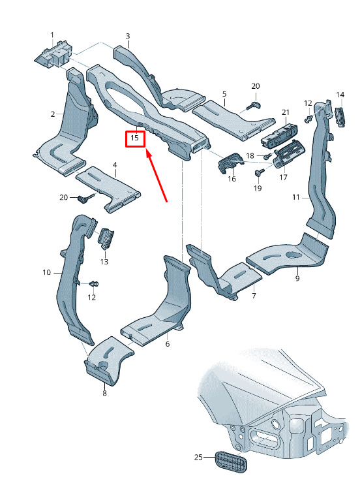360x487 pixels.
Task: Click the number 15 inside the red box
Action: [x=135, y=137]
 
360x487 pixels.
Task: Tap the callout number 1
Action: [x=52, y=35]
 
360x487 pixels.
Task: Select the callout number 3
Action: [x=128, y=36]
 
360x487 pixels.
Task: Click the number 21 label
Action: [x=286, y=112]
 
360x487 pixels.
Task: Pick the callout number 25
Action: [x=198, y=457]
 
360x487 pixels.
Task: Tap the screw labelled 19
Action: [x=258, y=172]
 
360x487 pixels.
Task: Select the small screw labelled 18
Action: [x=268, y=155]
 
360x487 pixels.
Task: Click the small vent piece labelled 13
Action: [x=106, y=238]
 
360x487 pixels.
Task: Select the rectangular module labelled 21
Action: [x=279, y=134]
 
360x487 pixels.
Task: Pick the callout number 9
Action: [x=297, y=278]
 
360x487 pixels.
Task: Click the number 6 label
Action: [x=168, y=344]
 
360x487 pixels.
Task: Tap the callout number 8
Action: [x=104, y=393]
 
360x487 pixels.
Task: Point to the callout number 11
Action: [x=295, y=197]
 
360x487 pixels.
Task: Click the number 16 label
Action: [x=232, y=179]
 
